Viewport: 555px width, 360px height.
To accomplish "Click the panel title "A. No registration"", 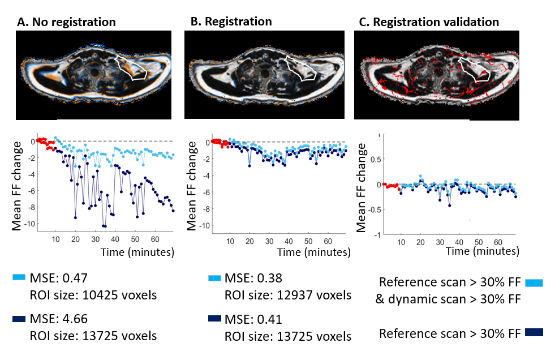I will (x=67, y=23).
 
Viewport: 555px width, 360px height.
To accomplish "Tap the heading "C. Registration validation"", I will (x=429, y=22).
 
